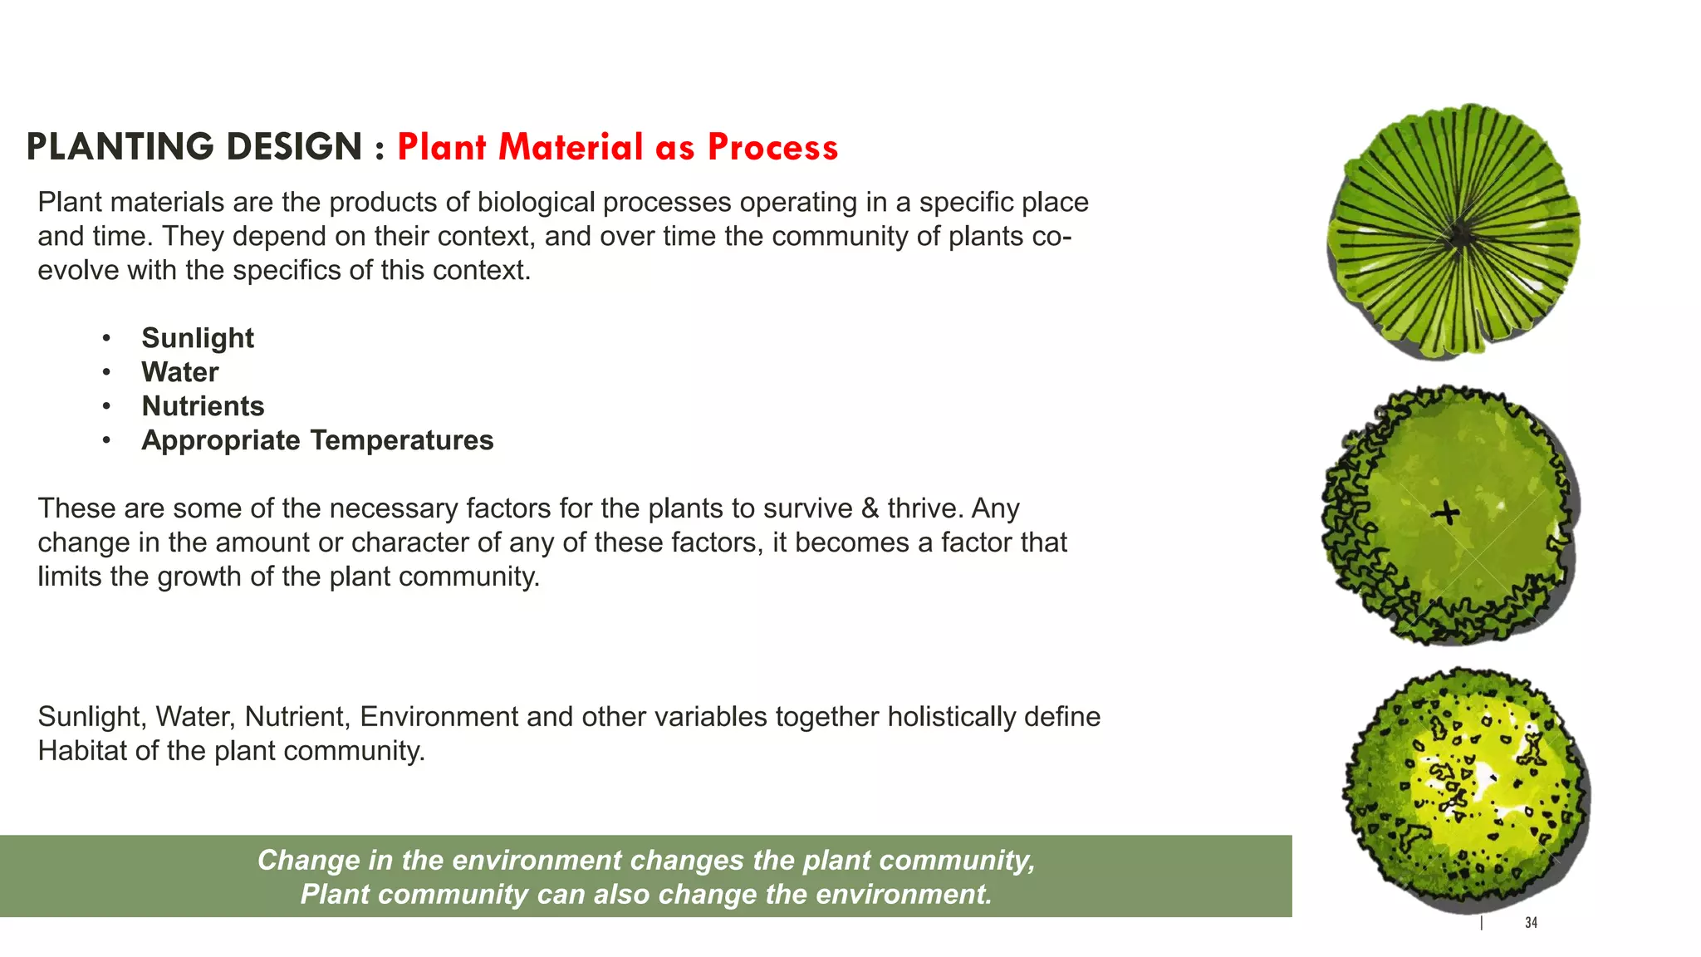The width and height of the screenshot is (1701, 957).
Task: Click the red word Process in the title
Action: tap(772, 147)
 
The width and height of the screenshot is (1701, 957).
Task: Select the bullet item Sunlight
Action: tap(198, 338)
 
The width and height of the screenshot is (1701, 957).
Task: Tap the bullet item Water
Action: tap(179, 372)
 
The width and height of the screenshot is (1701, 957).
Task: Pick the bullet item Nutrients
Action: tap(203, 406)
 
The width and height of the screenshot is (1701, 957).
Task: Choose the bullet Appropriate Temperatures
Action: tap(317, 440)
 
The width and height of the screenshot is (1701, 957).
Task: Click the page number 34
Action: tap(1531, 923)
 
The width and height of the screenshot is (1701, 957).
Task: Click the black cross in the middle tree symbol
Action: tap(1446, 513)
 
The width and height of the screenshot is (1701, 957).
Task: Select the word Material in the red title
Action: tap(571, 147)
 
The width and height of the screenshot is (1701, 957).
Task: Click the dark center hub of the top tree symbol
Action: tap(1459, 238)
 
